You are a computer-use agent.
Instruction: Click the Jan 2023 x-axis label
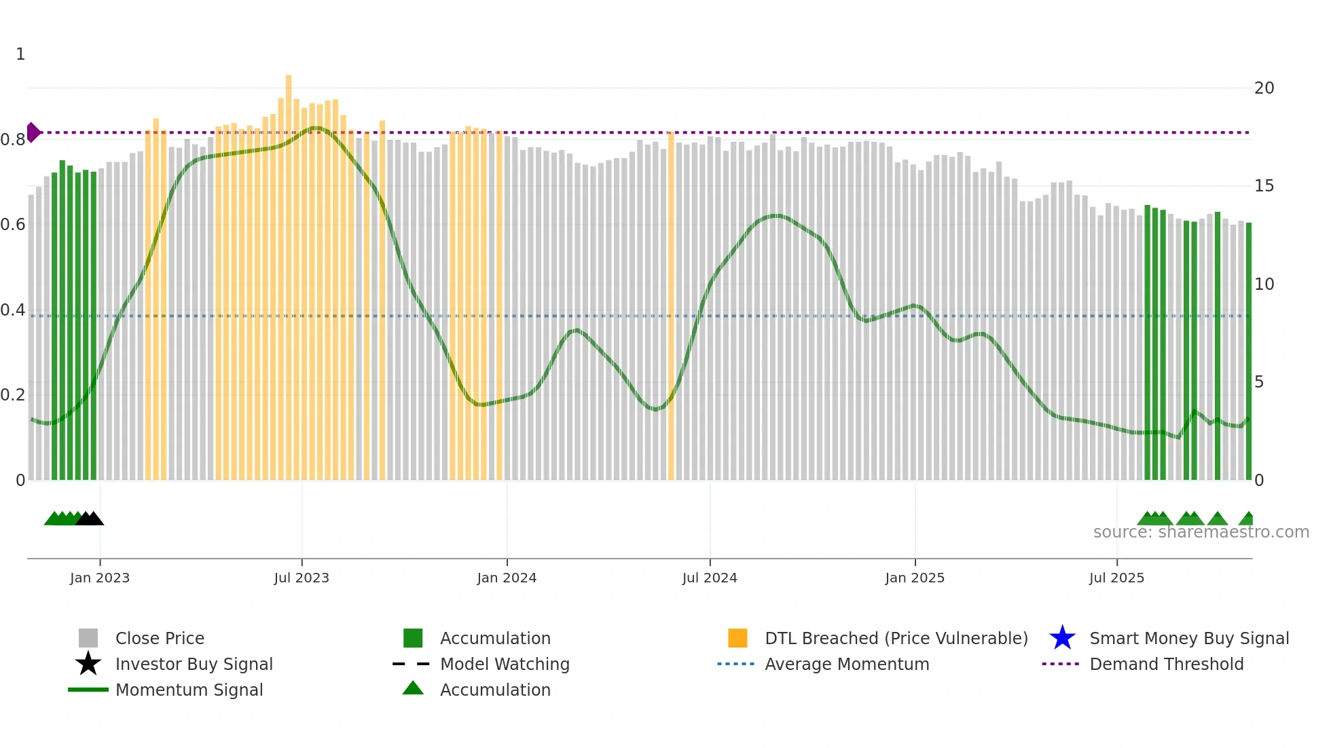[100, 578]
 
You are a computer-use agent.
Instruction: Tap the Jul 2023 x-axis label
[302, 578]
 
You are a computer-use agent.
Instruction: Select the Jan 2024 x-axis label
[507, 578]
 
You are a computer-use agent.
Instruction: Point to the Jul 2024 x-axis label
[710, 578]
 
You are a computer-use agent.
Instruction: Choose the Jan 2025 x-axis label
[915, 578]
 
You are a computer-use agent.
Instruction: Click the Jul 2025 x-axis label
[1116, 578]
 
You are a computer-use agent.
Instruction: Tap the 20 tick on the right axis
[1264, 88]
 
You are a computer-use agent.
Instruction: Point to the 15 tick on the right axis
[1264, 186]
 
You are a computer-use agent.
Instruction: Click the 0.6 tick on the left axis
[13, 225]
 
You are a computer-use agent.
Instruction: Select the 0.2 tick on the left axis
[13, 395]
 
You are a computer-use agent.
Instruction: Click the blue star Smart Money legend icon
[1062, 638]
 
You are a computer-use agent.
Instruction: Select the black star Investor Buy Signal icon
[88, 664]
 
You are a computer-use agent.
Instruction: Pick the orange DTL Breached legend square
[737, 638]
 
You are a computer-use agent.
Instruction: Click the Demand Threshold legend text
[1166, 664]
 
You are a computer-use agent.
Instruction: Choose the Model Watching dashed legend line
[412, 664]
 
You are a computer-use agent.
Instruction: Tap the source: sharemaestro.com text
[1201, 532]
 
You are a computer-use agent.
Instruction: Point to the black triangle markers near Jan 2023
[90, 519]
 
